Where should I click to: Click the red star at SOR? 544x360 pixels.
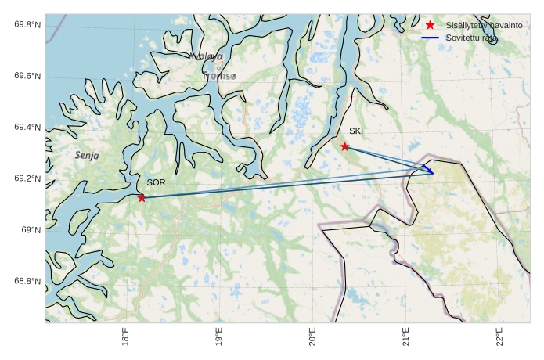coord(142,197)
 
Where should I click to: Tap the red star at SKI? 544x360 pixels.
coord(344,146)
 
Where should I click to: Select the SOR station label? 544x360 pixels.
coord(156,182)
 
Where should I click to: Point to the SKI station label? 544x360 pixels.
coord(356,131)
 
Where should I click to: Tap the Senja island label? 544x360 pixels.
coord(87,156)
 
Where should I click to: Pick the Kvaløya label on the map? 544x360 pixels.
coord(206,56)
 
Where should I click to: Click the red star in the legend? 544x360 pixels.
coord(430,26)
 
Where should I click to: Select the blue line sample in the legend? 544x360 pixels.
coord(430,38)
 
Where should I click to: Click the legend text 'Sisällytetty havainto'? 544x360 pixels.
coord(484,26)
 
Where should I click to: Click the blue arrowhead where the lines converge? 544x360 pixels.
coord(431,171)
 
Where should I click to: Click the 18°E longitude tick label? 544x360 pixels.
coord(126,338)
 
